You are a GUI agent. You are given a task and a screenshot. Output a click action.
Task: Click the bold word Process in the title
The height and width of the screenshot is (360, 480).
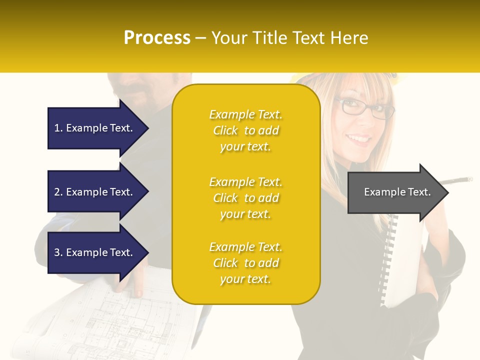point(157,38)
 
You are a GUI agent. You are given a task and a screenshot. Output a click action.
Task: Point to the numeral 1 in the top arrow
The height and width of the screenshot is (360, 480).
point(56,128)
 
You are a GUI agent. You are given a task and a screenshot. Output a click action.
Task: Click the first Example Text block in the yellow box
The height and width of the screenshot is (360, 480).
point(245,130)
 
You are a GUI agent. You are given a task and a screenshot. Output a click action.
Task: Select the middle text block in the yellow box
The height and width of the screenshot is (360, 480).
point(245,198)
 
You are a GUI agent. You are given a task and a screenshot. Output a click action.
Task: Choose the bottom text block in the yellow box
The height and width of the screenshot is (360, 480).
point(245,263)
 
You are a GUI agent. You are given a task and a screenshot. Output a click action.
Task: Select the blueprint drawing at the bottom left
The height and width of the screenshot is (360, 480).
point(125,325)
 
